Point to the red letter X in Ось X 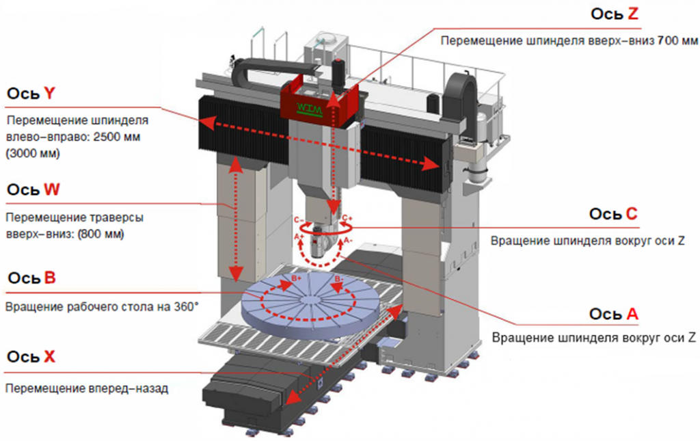click(49, 356)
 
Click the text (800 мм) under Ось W click(111, 233)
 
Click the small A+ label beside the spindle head click(299, 237)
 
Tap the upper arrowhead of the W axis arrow click(235, 163)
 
